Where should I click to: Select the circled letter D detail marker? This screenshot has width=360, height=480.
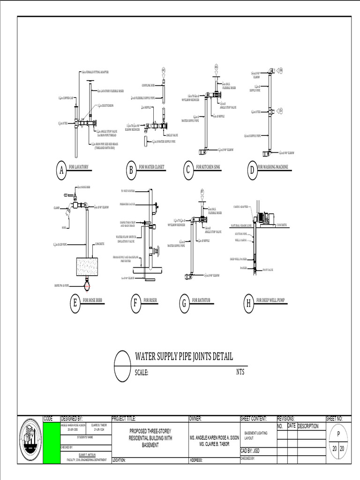click(x=252, y=170)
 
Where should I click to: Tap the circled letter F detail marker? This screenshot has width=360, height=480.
click(x=135, y=304)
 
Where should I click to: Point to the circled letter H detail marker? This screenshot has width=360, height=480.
click(x=248, y=304)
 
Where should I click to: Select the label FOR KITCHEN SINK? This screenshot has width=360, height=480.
click(x=208, y=167)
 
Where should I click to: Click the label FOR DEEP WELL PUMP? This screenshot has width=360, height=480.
click(x=271, y=300)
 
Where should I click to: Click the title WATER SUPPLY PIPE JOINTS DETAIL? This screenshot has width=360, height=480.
click(x=184, y=357)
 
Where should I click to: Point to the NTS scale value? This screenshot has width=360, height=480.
click(x=240, y=372)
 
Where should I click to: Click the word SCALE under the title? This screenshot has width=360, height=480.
click(x=142, y=373)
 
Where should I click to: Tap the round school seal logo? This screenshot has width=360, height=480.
click(x=30, y=440)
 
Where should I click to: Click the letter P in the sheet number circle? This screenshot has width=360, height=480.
click(x=338, y=435)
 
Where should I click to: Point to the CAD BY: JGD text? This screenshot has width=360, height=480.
click(x=250, y=450)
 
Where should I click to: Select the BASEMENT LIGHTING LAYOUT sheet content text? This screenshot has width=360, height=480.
click(x=256, y=435)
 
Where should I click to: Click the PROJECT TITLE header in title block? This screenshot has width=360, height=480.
click(x=124, y=419)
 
